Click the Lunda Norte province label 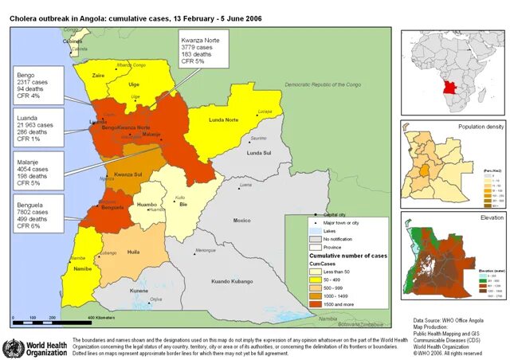click(x=224, y=120)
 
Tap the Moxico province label click(x=241, y=220)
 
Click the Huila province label click(x=133, y=252)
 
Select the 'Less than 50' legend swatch click(x=315, y=270)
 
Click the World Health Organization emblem click(x=14, y=348)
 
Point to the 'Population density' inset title click(x=481, y=127)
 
